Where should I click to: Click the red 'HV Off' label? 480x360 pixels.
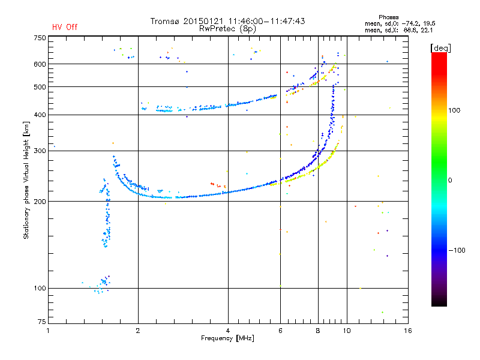pos(64,27)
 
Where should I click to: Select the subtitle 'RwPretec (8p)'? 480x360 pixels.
pos(228,28)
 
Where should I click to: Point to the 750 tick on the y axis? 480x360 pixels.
pos(40,37)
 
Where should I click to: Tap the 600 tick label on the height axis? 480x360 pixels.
pos(40,64)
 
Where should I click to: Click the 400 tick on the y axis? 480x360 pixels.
pos(40,115)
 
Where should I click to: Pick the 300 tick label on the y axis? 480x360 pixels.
pos(40,151)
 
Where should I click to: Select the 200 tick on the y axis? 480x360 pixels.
pos(40,202)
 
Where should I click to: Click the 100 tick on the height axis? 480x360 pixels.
pos(40,289)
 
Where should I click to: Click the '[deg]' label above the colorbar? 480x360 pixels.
pos(439,47)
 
